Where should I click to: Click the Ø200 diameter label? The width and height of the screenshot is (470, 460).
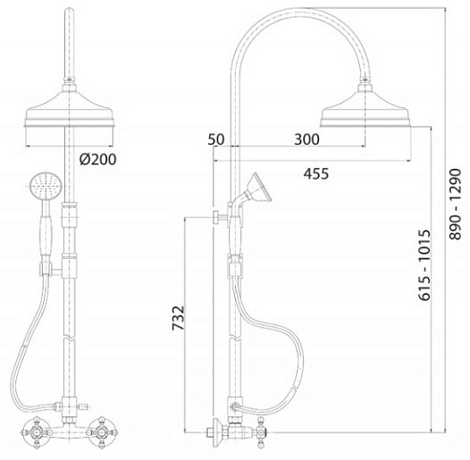[97, 160]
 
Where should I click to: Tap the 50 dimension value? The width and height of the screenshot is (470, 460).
[216, 139]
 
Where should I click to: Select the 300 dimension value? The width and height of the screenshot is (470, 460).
[306, 139]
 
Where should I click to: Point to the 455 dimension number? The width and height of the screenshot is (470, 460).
[316, 174]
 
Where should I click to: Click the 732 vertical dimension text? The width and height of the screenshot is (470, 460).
[178, 318]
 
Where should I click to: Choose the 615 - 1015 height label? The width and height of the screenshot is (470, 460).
[424, 265]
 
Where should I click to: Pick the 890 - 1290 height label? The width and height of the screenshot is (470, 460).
[455, 204]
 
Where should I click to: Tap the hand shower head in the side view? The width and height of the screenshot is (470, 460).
[260, 188]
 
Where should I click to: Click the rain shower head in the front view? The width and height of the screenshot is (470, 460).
[70, 109]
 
